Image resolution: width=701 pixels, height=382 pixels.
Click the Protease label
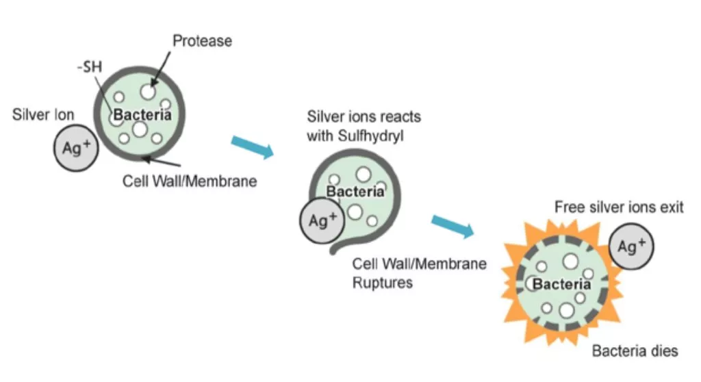pos(202,41)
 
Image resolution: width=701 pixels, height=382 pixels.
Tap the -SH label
pos(88,68)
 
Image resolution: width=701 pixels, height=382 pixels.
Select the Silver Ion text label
pos(43,114)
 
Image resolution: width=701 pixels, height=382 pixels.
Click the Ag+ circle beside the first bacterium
pos(76,148)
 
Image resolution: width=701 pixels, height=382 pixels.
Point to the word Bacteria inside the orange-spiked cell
pos(561,283)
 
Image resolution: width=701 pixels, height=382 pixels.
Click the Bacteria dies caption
pos(635,351)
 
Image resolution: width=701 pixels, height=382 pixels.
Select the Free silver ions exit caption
pos(618,207)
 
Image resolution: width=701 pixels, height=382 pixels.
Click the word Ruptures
pos(383,282)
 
